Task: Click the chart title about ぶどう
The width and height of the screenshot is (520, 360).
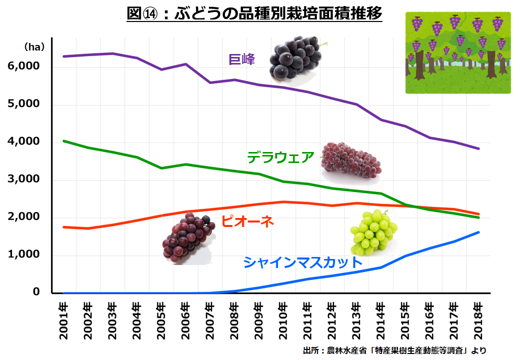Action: [x=255, y=13]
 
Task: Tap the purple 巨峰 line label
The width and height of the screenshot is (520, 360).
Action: [x=242, y=59]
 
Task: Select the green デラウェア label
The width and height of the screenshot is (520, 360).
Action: [x=280, y=157]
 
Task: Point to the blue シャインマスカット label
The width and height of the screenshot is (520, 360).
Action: [x=302, y=262]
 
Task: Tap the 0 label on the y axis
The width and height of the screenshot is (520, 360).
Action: [x=36, y=292]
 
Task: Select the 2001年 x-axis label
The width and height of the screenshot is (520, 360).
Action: [x=63, y=320]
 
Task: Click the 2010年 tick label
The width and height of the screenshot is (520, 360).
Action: [x=283, y=320]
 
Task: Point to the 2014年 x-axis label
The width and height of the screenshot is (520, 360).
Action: [x=380, y=320]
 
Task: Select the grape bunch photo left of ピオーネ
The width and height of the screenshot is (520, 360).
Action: [x=187, y=237]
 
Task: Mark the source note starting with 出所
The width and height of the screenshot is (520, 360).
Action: [x=394, y=350]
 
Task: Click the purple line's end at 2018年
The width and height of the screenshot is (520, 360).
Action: [x=478, y=148]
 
